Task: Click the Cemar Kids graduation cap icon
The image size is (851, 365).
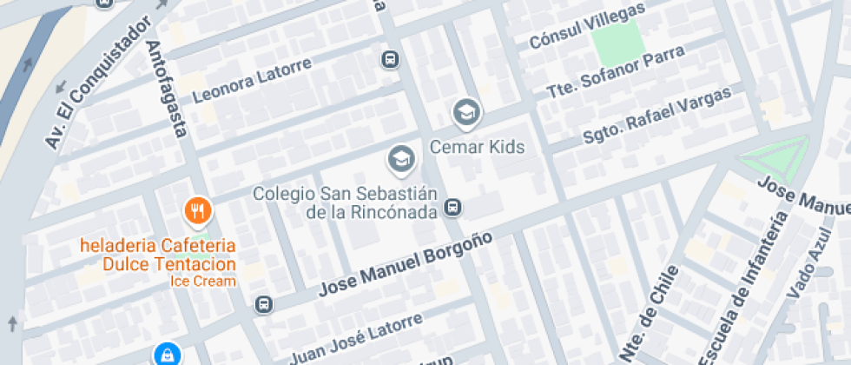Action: click(466, 112)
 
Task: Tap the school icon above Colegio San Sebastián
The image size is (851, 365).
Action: click(400, 159)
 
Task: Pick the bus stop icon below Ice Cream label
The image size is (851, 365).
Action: click(262, 305)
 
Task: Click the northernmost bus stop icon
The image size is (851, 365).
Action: click(390, 59)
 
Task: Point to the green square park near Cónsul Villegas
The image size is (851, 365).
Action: click(617, 39)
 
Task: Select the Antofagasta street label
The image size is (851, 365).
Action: click(167, 89)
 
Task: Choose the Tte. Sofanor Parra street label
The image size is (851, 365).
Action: click(616, 72)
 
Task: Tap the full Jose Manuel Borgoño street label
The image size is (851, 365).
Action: click(406, 263)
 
